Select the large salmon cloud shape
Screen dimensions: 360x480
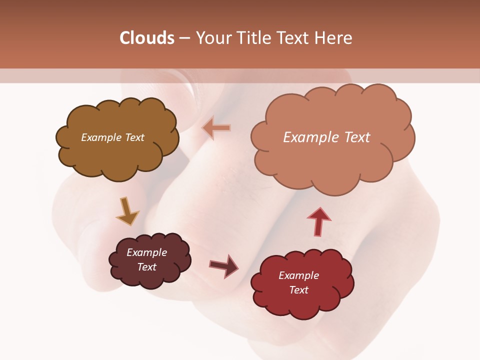coord(330,160)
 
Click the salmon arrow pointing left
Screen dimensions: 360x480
coord(217,128)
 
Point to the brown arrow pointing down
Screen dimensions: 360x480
coord(126,211)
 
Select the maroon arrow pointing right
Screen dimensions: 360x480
coord(224,266)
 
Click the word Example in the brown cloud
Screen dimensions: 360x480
coord(100,137)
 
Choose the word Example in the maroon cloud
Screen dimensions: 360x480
coord(146,252)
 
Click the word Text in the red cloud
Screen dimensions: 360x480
coord(298,290)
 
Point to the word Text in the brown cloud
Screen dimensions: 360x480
coord(134,137)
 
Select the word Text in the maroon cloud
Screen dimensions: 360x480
coord(146,267)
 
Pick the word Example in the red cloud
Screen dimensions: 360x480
coord(298,275)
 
